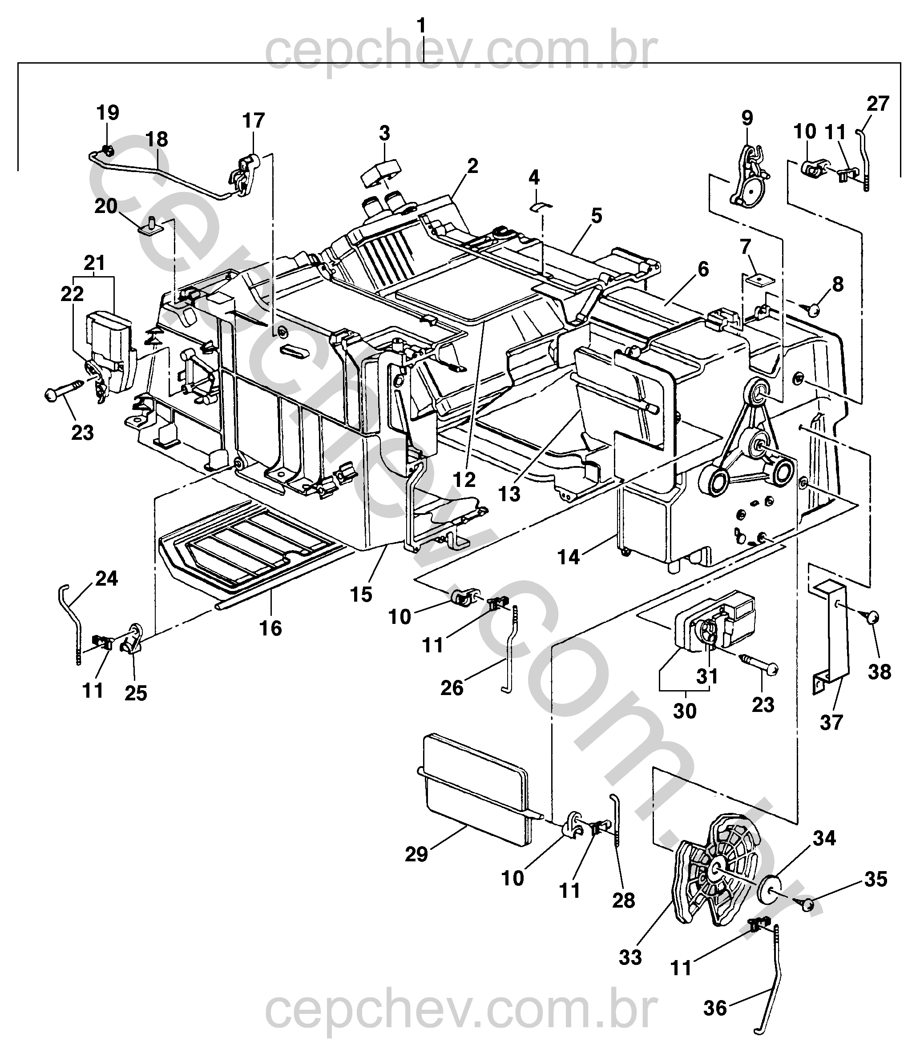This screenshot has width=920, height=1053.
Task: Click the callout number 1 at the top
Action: [421, 25]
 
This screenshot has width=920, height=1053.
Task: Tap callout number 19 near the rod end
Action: [108, 113]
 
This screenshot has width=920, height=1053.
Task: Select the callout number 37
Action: [832, 723]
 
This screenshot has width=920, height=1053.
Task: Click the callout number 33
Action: [630, 957]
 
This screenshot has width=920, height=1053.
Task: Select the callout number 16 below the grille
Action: [271, 628]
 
